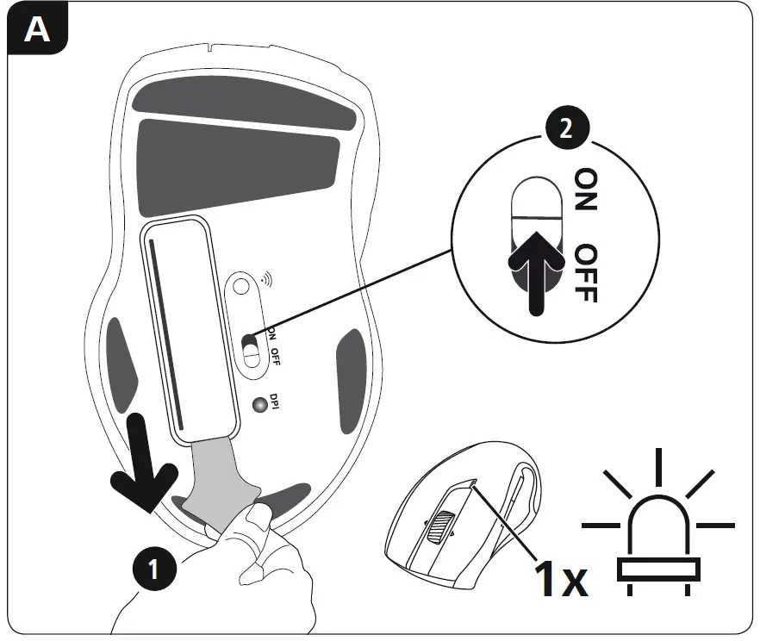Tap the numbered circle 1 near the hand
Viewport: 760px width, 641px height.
point(154,569)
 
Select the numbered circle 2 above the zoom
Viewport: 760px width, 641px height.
point(564,129)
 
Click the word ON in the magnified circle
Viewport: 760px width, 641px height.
point(587,190)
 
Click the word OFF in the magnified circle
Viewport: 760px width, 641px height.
point(587,272)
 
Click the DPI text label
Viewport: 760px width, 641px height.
point(274,402)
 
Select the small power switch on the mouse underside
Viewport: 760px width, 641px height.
point(251,352)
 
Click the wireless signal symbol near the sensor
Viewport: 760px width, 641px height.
point(264,280)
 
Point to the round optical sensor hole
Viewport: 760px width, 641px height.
point(243,284)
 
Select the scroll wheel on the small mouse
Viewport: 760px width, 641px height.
point(440,525)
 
